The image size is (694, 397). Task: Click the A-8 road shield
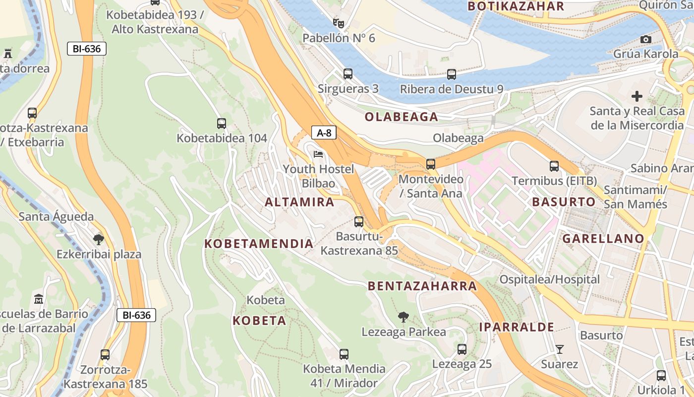(x=324, y=132)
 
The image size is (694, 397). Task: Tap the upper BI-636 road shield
(x=87, y=49)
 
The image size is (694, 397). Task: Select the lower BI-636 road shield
(x=136, y=315)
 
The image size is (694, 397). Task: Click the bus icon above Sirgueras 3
(x=348, y=74)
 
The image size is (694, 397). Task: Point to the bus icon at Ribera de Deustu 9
(x=451, y=74)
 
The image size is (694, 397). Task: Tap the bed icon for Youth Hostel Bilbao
(x=318, y=154)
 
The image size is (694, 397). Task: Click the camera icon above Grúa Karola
(x=645, y=39)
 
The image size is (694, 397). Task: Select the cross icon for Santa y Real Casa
(x=637, y=96)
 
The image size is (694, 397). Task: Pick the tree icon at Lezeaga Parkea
(x=404, y=317)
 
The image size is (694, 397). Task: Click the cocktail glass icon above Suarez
(x=559, y=349)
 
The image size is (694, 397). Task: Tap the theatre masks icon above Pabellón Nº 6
(x=339, y=23)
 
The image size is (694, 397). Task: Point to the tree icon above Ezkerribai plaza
(x=99, y=240)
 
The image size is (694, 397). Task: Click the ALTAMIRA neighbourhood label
(x=299, y=202)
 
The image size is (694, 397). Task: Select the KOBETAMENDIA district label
(x=259, y=244)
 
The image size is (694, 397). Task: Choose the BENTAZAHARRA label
(x=422, y=286)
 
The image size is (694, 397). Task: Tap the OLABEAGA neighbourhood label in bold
(x=402, y=117)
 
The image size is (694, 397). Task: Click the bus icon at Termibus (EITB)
(x=554, y=166)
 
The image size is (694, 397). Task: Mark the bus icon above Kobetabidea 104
(x=222, y=124)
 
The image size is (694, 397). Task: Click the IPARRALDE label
(x=517, y=327)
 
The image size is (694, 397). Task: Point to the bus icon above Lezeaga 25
(x=462, y=349)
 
